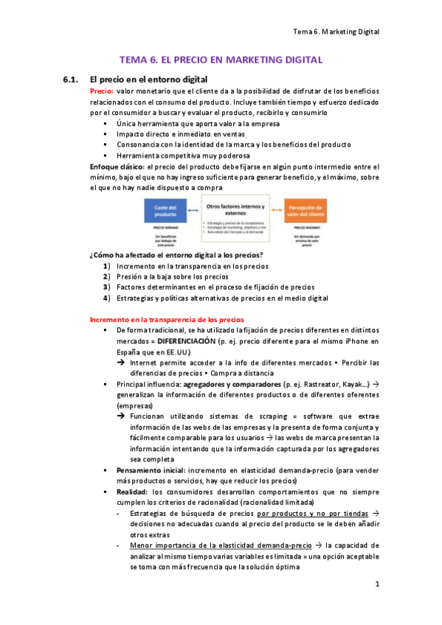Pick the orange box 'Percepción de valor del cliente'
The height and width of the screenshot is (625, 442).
click(x=306, y=212)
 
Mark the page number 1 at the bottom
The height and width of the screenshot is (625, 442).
click(x=376, y=584)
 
